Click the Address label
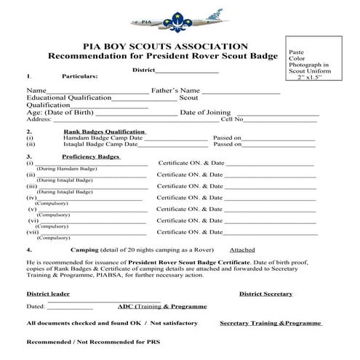point(39,120)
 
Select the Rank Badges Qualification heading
point(104,132)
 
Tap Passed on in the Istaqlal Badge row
point(227,145)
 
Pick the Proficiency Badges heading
point(91,157)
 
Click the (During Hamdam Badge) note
point(64,169)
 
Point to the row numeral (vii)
point(33,232)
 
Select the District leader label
point(48,295)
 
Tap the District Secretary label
point(266,295)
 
